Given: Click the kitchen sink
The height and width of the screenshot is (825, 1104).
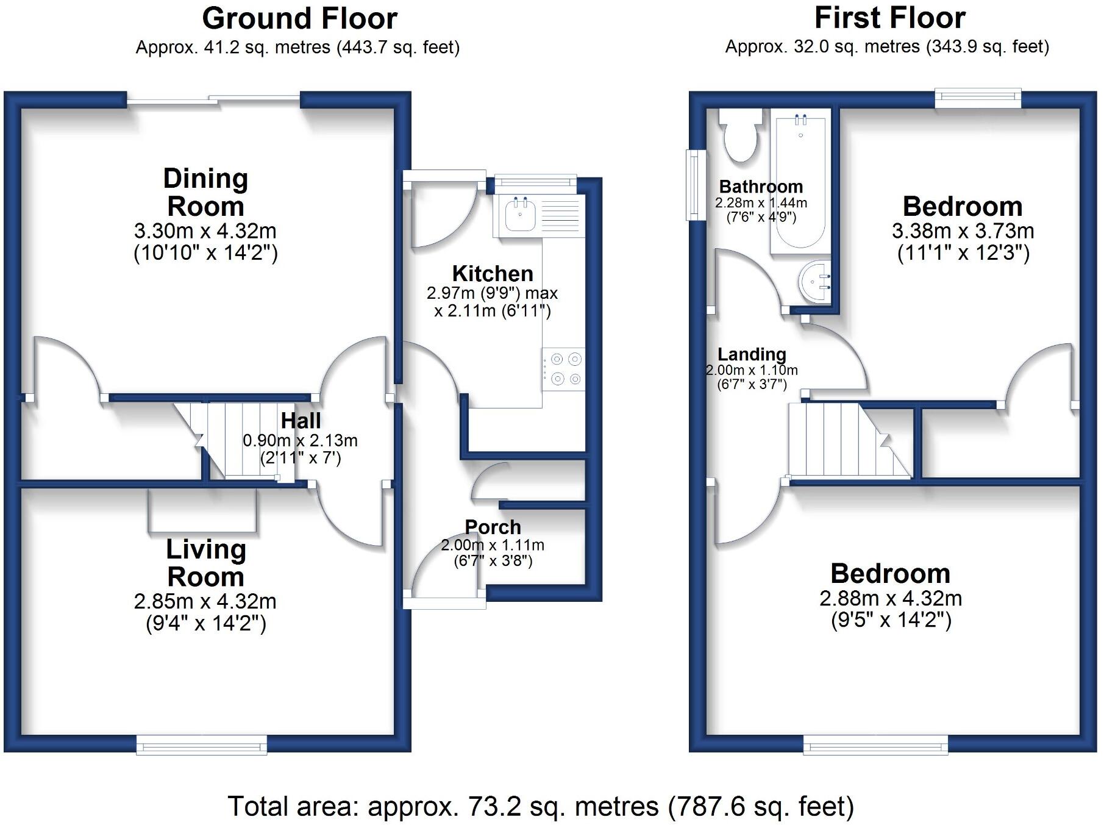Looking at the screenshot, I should point(520,215).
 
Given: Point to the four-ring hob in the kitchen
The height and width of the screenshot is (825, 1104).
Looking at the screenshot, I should point(564,369).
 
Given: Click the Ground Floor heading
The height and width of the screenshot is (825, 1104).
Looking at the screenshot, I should point(299,18).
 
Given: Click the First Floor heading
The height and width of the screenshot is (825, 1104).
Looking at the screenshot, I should point(889,18).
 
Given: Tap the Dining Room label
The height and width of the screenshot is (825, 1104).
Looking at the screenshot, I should point(205,192).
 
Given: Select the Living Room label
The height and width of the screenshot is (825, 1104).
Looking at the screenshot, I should point(205,563).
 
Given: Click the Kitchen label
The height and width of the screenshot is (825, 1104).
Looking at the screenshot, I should point(493,273).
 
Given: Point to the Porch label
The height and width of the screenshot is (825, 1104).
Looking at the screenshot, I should point(493,527).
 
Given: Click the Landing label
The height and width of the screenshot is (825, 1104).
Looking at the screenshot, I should point(752,354).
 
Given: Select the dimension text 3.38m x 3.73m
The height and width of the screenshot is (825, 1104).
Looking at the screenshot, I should point(963,231).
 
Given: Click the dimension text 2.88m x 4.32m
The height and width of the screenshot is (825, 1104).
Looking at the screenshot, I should point(891,598).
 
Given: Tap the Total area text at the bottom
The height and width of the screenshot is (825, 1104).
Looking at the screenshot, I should point(541,806).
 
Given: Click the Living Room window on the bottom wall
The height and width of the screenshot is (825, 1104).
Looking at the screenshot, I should point(202,744).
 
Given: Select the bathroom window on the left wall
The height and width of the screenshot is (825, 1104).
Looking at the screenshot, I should point(693,185).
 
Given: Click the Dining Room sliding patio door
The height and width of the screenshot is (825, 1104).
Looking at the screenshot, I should point(213,99).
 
